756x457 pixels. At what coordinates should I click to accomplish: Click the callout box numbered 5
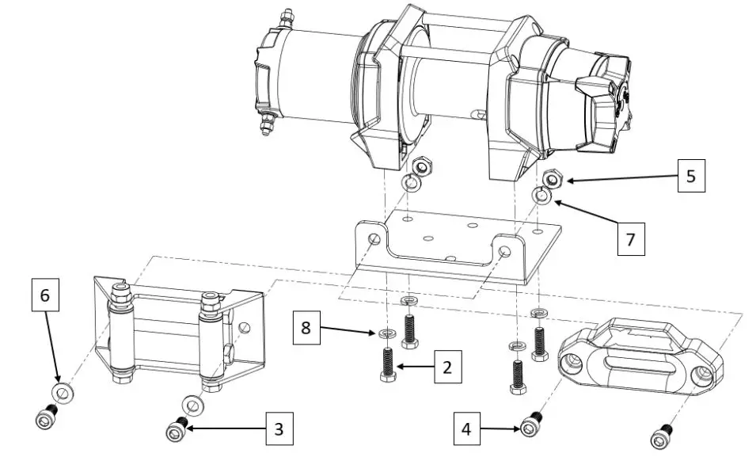tap(690, 176)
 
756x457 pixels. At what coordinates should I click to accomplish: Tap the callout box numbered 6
tap(44, 295)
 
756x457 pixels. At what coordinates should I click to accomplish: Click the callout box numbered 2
tap(446, 367)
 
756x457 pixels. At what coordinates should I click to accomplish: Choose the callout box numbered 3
tap(278, 430)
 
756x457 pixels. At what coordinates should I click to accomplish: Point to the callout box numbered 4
tap(467, 429)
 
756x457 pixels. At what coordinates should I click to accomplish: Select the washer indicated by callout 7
tap(541, 195)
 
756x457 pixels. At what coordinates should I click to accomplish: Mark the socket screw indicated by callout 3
tap(175, 430)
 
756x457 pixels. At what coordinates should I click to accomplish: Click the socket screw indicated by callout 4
tap(531, 426)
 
